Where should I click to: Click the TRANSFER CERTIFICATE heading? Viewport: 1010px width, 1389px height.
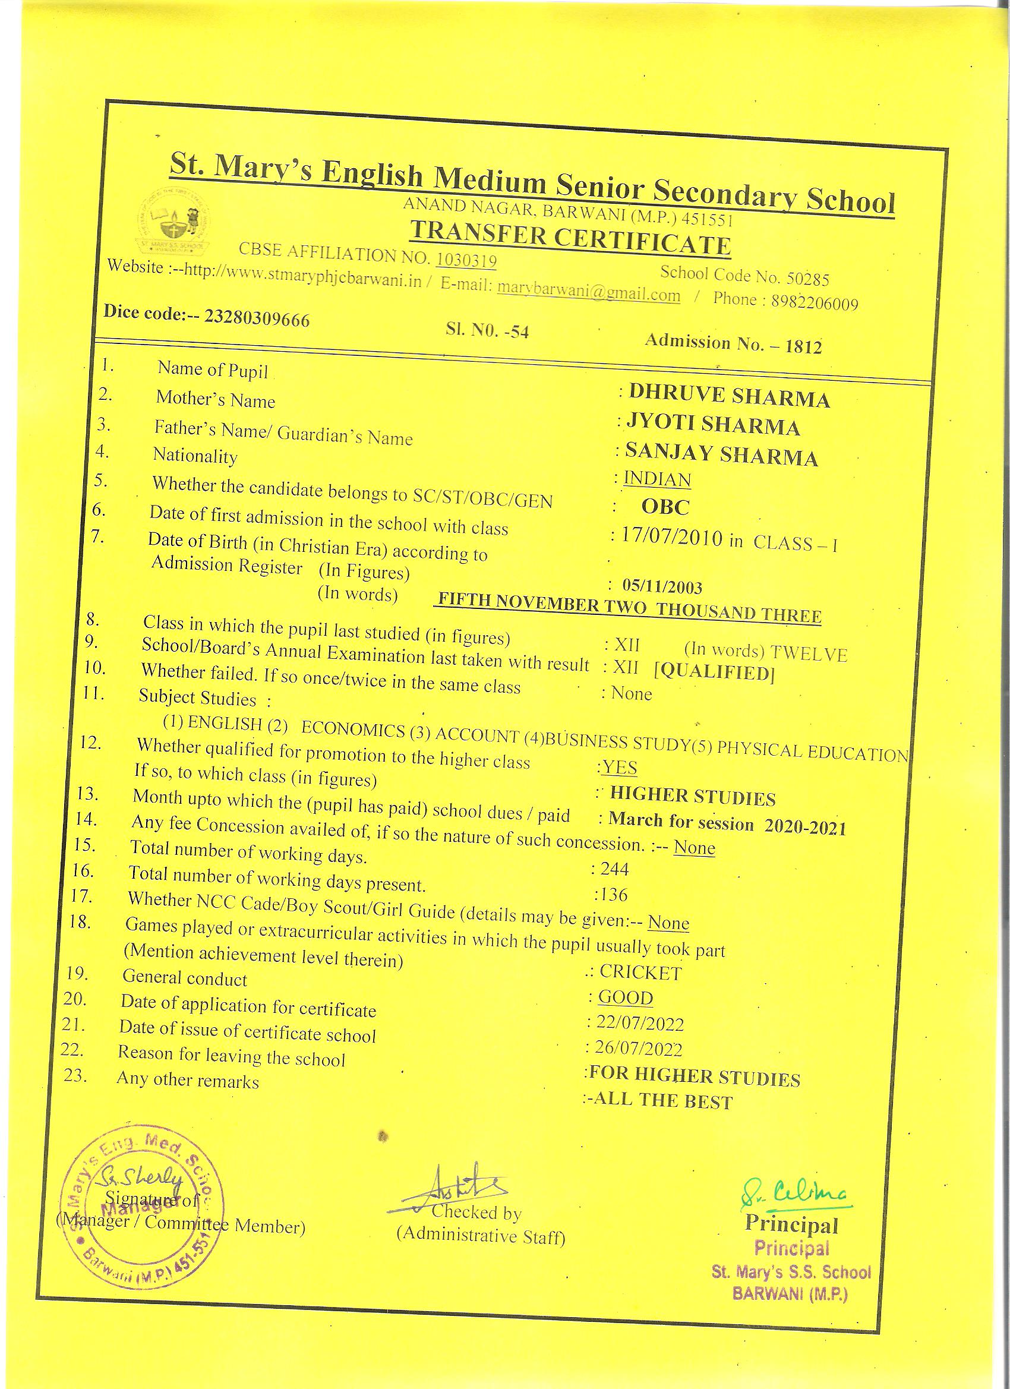570,238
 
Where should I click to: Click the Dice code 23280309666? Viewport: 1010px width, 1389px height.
257,319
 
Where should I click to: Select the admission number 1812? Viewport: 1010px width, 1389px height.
803,347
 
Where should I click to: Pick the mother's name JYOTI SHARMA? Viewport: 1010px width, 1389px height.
712,425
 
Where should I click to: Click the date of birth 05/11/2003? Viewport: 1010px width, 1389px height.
662,586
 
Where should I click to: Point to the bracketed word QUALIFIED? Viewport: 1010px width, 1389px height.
714,673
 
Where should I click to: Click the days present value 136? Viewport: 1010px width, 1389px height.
613,895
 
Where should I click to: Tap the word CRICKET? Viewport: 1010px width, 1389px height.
640,972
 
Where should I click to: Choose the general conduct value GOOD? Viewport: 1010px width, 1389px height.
626,997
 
